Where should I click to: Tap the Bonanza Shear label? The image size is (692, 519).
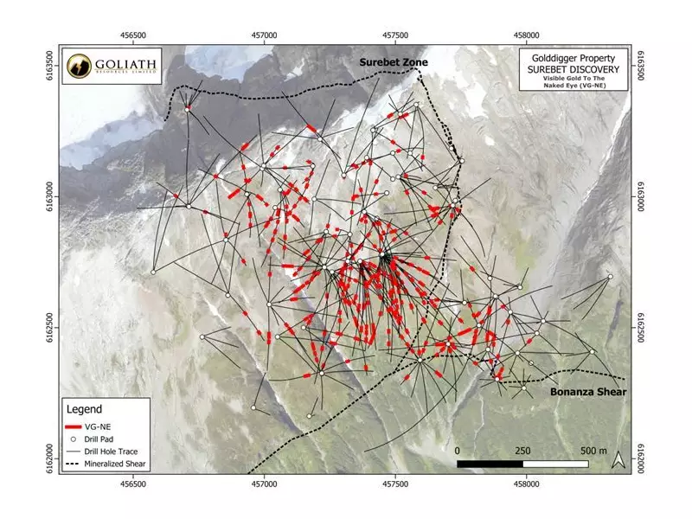tap(587, 392)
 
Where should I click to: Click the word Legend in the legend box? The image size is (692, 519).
tap(84, 408)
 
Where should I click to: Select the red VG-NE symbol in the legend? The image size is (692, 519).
tap(77, 426)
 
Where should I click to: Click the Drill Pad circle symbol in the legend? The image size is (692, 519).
tap(77, 439)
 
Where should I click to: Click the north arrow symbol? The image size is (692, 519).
tap(617, 462)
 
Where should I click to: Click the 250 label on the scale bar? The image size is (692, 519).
tap(522, 452)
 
